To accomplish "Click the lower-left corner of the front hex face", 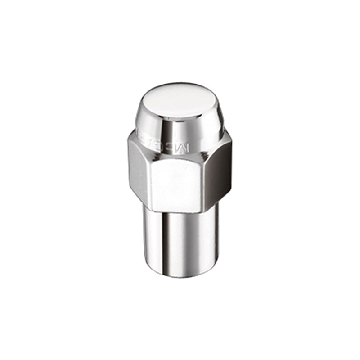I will pyautogui.click(x=152, y=208).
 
